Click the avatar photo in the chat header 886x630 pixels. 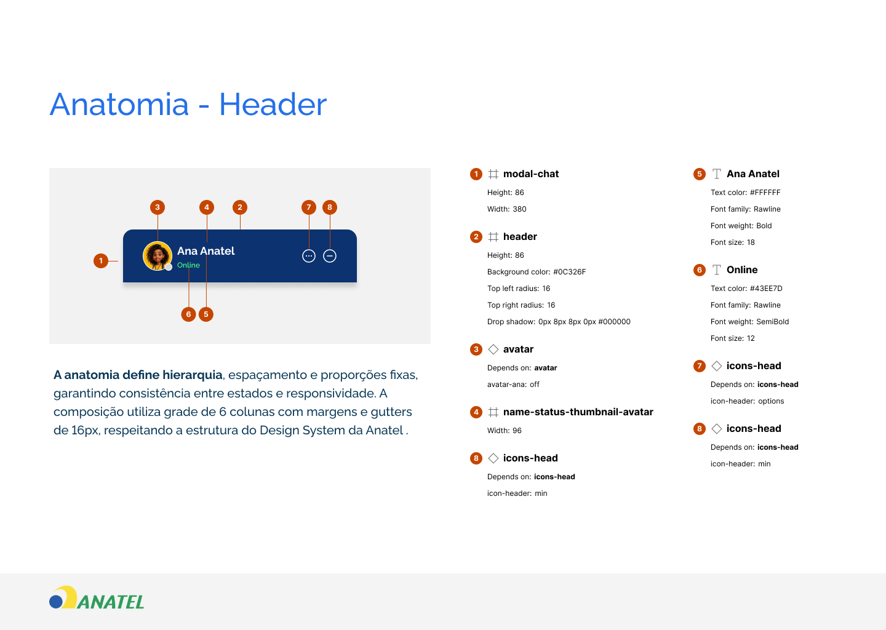[x=157, y=256]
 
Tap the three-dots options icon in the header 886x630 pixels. [x=308, y=256]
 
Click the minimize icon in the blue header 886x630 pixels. [x=330, y=256]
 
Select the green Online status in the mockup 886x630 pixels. [x=188, y=265]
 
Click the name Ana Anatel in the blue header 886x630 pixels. [x=206, y=251]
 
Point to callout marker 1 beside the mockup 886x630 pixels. [x=101, y=261]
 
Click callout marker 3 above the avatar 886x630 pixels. [x=158, y=207]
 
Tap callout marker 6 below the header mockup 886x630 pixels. [x=189, y=314]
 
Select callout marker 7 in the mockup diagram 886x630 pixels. [x=309, y=207]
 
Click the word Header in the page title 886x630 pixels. [x=273, y=105]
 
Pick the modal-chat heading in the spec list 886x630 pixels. [x=531, y=174]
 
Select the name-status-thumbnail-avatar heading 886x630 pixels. [x=578, y=412]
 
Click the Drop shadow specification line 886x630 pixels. [x=559, y=322]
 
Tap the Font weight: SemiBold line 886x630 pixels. [x=749, y=322]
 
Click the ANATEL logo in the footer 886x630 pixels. [x=97, y=598]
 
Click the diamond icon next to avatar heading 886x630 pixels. [x=493, y=349]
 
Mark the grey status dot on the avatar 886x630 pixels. [x=169, y=268]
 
